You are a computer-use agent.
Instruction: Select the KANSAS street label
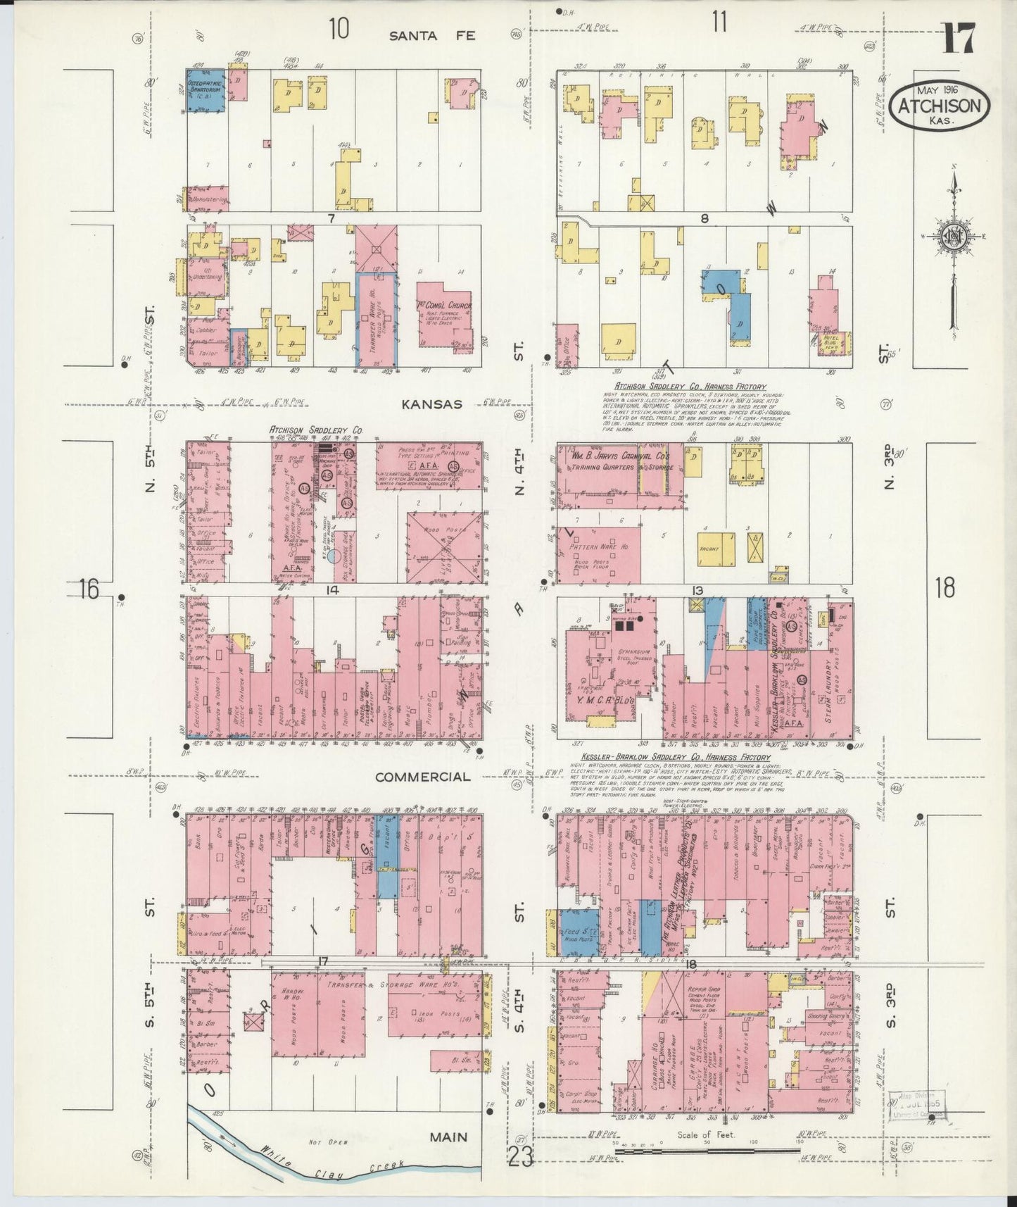coord(431,404)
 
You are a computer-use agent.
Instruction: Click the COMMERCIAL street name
coord(422,777)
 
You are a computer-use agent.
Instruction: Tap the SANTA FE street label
coord(433,35)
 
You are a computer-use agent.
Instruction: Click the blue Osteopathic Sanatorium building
coord(206,89)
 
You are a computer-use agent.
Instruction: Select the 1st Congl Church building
coord(444,315)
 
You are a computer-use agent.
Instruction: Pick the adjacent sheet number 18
coord(945,587)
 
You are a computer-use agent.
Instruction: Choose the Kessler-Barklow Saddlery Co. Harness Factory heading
coord(676,757)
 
